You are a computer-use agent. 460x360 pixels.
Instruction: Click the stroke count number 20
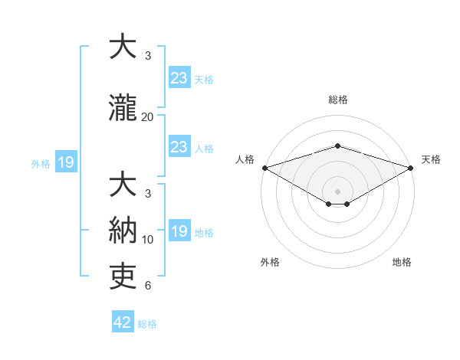148,117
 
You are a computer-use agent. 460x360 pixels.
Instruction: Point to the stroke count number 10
148,240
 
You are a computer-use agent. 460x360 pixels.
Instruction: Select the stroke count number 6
148,286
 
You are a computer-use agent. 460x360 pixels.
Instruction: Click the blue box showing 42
123,322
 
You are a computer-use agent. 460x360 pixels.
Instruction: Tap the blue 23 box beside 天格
179,78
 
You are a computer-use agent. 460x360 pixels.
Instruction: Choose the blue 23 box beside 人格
179,147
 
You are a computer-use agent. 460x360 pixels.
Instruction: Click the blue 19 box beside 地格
179,231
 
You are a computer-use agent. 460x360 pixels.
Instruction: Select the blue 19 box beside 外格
65,162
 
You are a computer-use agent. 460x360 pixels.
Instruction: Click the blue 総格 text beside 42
147,323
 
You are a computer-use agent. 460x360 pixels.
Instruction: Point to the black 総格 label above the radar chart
337,100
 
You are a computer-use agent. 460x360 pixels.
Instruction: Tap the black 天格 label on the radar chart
431,159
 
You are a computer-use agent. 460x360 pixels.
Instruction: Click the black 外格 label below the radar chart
270,262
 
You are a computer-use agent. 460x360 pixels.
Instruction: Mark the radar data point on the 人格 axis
264,168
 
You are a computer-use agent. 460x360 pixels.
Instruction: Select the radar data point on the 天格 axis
411,168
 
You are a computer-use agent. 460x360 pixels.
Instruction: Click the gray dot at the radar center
337,190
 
